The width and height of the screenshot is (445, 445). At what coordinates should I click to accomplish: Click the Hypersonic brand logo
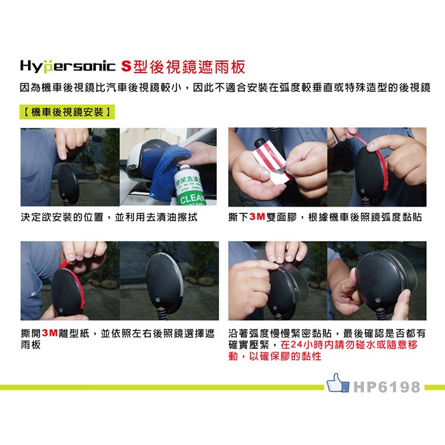[x=67, y=66]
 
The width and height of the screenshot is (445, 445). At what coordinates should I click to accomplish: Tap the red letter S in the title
[x=127, y=66]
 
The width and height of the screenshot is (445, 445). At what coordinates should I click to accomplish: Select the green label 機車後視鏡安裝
[x=67, y=112]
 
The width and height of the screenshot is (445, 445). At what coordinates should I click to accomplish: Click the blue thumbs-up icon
[x=338, y=383]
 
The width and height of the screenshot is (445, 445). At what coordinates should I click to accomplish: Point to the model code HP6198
[x=387, y=387]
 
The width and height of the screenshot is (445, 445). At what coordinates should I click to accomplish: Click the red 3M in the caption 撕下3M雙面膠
[x=257, y=217]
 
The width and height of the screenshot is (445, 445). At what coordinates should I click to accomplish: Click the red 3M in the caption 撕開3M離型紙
[x=50, y=333]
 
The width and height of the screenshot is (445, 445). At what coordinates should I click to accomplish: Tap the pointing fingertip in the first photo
[x=63, y=156]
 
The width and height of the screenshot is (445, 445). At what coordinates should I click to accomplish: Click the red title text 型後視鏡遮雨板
[x=189, y=67]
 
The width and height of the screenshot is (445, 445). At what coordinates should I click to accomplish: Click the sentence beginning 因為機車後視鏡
[x=225, y=88]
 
